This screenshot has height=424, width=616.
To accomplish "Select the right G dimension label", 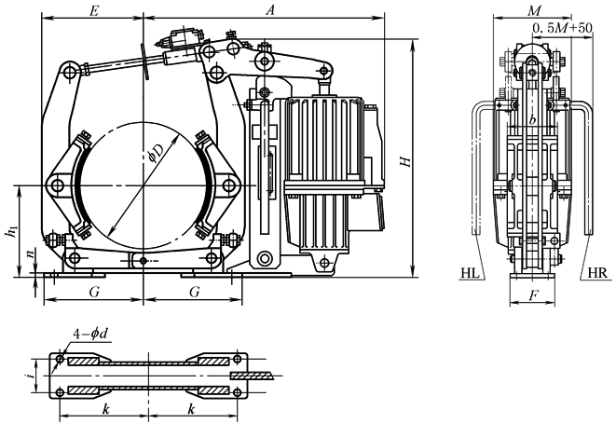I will [x=193, y=292].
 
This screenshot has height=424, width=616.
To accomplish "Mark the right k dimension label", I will [x=191, y=409].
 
